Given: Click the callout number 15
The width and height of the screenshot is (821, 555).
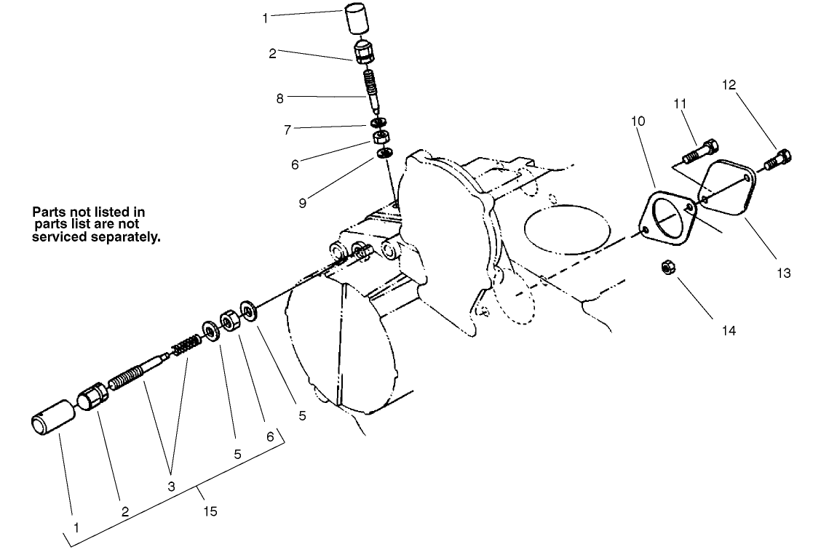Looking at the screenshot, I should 210,511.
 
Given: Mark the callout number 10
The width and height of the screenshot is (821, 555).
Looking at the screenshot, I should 638,121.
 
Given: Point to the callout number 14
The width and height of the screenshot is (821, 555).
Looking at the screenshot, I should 729,330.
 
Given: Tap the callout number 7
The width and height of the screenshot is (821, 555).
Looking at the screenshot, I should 287,131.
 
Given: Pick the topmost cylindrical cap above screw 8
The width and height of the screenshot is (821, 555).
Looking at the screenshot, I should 356,19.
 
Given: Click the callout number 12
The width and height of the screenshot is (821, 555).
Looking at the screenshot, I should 729,84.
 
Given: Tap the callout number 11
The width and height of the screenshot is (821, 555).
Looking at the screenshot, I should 680,105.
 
